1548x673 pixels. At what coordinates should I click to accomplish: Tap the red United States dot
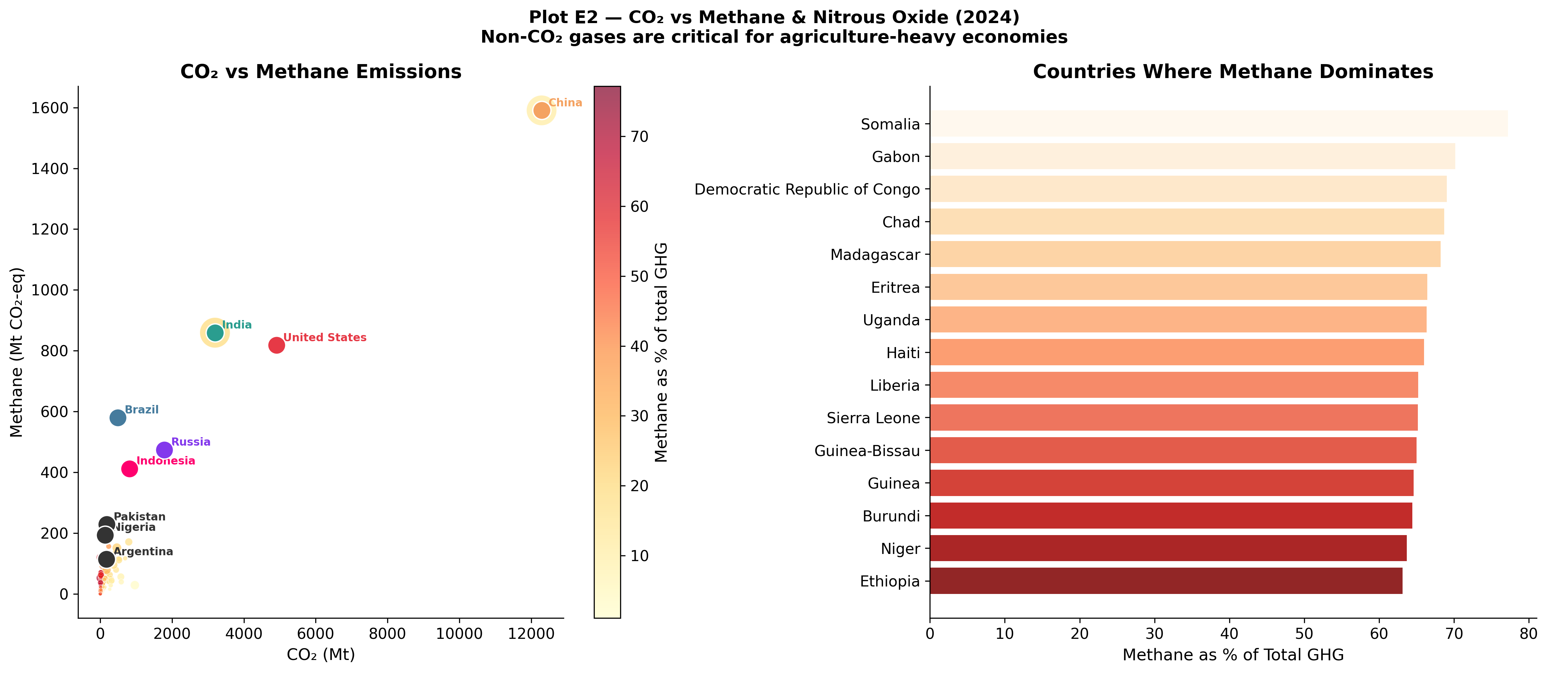click(277, 345)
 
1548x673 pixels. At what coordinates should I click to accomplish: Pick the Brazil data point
click(118, 418)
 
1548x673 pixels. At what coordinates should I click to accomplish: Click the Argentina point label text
click(143, 552)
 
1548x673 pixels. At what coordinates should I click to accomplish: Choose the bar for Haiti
click(1177, 352)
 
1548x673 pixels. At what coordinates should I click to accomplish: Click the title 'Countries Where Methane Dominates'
click(1233, 72)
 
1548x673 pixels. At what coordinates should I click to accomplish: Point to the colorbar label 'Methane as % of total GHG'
click(661, 352)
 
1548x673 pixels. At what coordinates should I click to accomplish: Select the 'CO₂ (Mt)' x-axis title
click(321, 654)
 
